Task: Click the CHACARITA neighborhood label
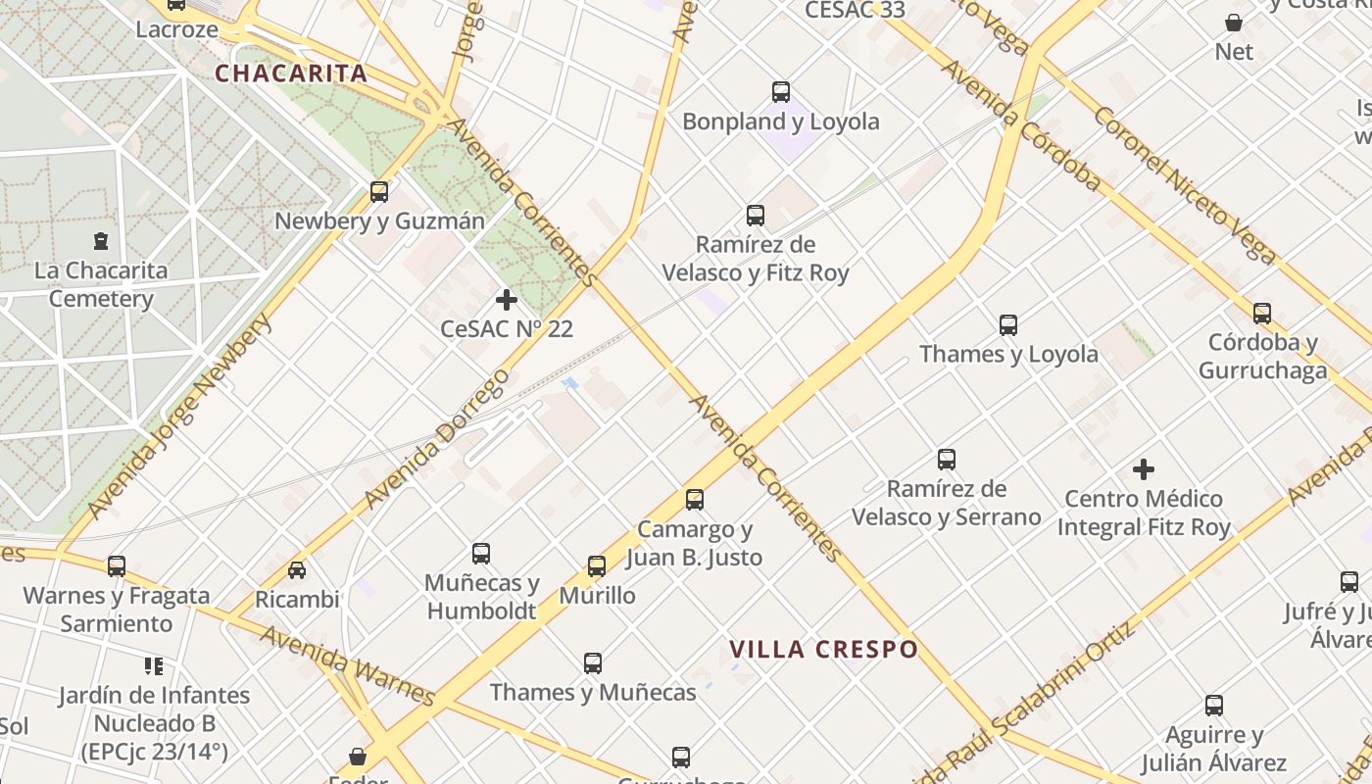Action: point(291,73)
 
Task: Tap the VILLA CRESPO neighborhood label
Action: point(824,649)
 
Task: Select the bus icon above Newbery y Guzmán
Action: point(379,191)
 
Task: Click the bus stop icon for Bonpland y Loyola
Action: point(781,92)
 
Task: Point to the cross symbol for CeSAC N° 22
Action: point(507,299)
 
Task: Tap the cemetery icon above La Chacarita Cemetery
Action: point(100,240)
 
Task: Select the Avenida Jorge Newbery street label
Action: point(178,417)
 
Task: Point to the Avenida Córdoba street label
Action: point(1020,124)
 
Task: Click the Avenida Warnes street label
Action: point(347,665)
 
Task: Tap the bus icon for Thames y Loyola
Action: point(1008,325)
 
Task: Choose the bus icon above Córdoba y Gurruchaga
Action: point(1262,314)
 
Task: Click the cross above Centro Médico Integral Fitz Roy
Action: point(1144,469)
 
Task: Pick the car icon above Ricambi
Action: point(297,569)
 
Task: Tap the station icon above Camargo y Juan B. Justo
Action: point(695,500)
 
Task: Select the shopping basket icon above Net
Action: point(1234,23)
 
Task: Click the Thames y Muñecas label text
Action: point(593,692)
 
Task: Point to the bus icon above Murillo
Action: point(597,566)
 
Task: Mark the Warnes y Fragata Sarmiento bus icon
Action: point(117,565)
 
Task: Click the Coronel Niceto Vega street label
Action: point(1185,186)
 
